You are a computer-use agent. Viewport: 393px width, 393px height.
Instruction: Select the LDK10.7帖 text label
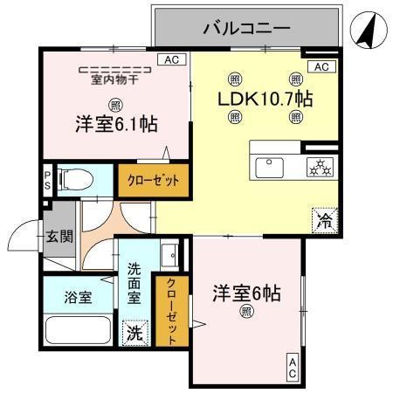point(265,98)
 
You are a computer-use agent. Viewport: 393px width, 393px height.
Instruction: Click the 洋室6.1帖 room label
point(116,124)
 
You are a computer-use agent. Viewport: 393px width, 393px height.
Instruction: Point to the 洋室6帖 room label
point(247,294)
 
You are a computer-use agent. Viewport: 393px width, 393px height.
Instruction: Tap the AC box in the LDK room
point(321,67)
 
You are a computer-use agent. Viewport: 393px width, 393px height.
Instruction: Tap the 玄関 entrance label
point(59,236)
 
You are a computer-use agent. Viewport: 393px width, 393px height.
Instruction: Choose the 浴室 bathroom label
point(79,297)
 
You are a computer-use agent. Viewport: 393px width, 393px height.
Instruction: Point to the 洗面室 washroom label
point(134,284)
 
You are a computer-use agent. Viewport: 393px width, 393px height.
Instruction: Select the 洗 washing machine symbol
point(135,332)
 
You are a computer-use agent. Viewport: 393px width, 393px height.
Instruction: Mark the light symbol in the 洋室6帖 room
point(247,311)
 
